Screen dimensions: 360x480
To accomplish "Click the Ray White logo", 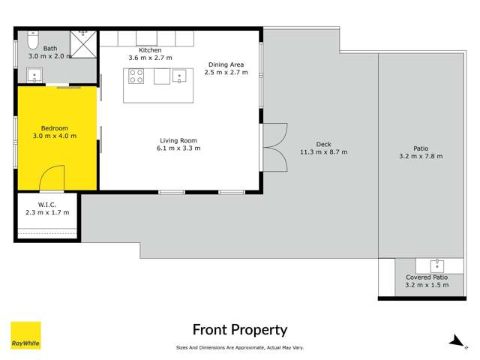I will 25,335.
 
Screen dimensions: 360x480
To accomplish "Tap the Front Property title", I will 240,330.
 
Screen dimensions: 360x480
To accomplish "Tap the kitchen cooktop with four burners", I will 136,76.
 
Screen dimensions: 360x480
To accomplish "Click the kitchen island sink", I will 179,76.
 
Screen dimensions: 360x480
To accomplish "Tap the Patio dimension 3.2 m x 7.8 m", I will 420,156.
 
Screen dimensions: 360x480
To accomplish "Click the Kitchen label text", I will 150,50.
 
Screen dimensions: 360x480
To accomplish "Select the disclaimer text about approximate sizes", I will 240,347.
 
